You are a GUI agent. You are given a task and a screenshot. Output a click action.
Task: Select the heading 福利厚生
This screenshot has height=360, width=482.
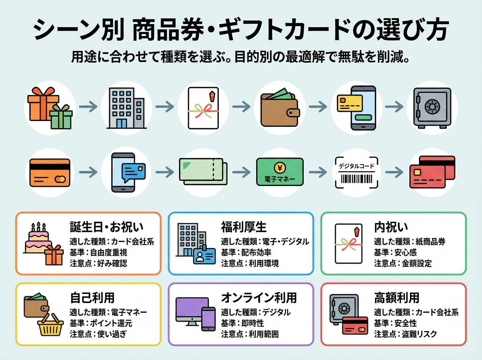coord(243,227)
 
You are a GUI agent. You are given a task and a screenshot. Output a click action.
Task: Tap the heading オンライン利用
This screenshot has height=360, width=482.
coord(259,298)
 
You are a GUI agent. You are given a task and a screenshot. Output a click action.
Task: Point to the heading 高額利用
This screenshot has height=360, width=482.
coord(396,298)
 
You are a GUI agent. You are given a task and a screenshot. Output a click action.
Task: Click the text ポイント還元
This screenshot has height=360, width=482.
coord(114,323)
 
